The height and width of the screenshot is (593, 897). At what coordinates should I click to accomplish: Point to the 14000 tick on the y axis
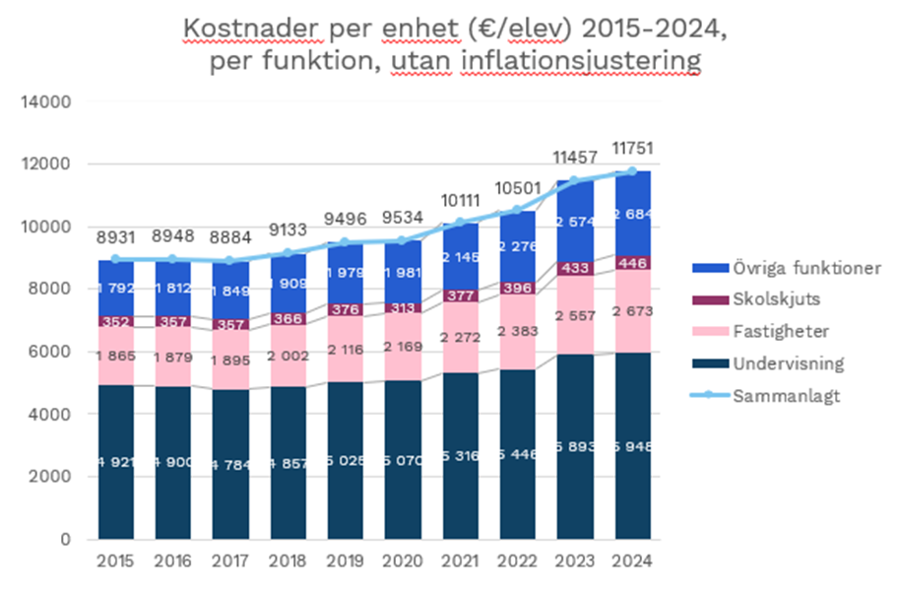(x=49, y=101)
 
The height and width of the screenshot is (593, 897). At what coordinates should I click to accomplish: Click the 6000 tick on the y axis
(x=53, y=352)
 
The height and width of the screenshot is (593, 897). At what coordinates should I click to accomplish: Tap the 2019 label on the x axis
(x=348, y=561)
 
